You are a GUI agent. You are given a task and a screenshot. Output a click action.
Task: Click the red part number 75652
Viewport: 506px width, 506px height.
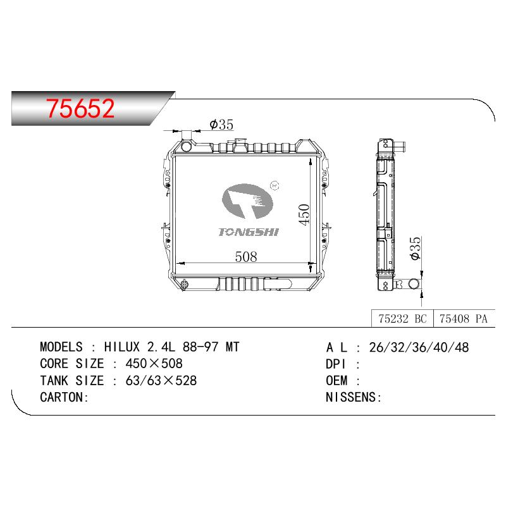(x=80, y=108)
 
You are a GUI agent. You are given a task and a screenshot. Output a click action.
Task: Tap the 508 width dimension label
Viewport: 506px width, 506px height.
(x=246, y=257)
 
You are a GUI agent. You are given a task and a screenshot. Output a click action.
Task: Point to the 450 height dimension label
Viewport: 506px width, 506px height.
(x=304, y=214)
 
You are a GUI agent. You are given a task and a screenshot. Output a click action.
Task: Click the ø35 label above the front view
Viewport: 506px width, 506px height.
(x=221, y=124)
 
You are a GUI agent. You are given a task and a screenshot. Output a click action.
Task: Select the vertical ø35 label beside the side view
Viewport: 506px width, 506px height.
(x=416, y=248)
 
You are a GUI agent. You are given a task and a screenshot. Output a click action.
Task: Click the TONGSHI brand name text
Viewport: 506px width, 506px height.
(x=248, y=232)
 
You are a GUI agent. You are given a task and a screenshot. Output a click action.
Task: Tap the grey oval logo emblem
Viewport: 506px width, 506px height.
(x=247, y=201)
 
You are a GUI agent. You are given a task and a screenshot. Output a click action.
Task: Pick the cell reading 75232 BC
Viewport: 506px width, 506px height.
(x=402, y=319)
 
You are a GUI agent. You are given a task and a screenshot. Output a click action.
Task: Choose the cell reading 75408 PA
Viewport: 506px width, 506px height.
(x=464, y=319)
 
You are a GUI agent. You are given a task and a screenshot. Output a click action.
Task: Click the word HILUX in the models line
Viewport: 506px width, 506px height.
(x=122, y=347)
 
